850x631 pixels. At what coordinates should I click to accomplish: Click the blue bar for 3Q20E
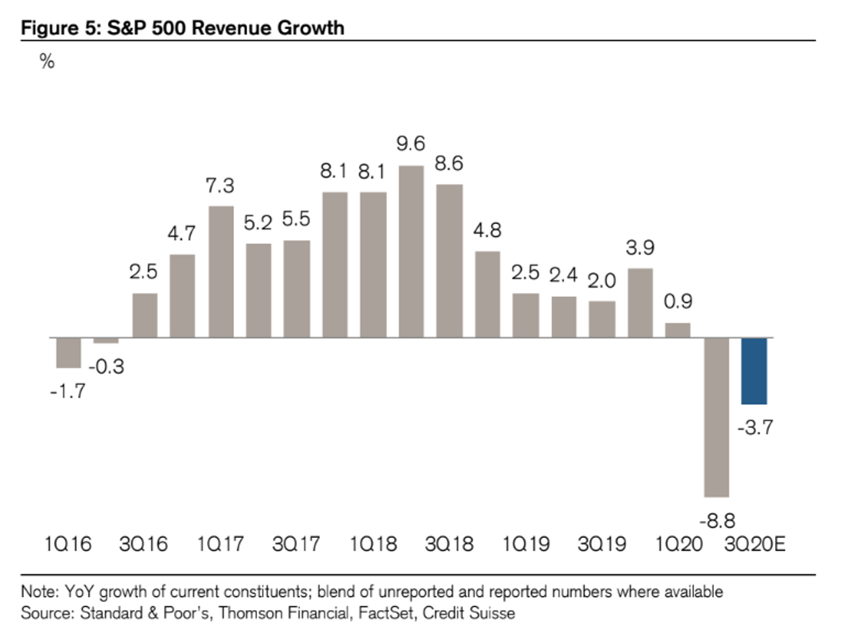(754, 371)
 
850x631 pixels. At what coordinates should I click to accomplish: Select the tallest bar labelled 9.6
(412, 251)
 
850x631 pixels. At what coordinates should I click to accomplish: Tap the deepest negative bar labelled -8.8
(716, 416)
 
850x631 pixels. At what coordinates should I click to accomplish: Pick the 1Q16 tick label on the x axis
(67, 543)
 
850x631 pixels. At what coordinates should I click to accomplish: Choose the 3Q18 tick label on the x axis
(449, 543)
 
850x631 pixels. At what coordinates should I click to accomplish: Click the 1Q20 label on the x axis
(679, 543)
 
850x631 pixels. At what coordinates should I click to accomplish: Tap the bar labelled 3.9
(640, 302)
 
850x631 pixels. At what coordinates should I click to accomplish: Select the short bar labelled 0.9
(678, 329)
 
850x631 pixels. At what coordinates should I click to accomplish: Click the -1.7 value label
(67, 392)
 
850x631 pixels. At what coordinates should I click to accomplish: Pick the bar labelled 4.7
(182, 296)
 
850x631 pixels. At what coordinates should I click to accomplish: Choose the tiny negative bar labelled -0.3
(106, 340)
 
